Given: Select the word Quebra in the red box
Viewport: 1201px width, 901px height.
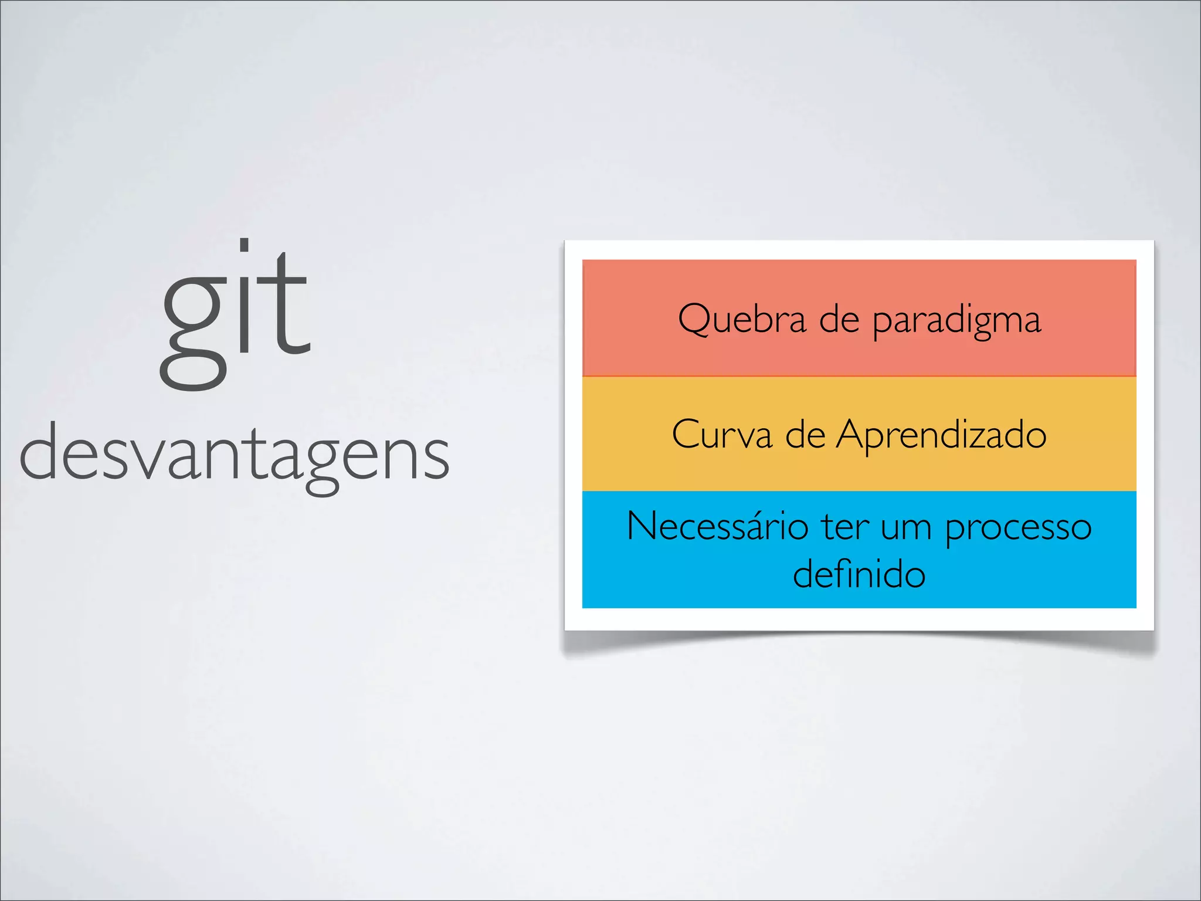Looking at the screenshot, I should coord(742,320).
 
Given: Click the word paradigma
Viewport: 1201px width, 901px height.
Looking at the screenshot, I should coord(956,321).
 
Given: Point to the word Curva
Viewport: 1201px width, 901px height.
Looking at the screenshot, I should coord(722,435).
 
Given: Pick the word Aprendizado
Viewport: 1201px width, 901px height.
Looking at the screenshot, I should coord(941,436).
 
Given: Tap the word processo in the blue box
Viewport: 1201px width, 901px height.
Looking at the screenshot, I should coord(1018,528).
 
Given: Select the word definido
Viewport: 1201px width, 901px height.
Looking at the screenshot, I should coord(859,574).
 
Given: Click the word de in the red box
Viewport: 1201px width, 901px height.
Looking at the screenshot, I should coord(839,320).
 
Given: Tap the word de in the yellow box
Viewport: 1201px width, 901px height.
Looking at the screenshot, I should coord(805,435).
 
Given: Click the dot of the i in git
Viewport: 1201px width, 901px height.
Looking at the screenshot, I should coord(245,245).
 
